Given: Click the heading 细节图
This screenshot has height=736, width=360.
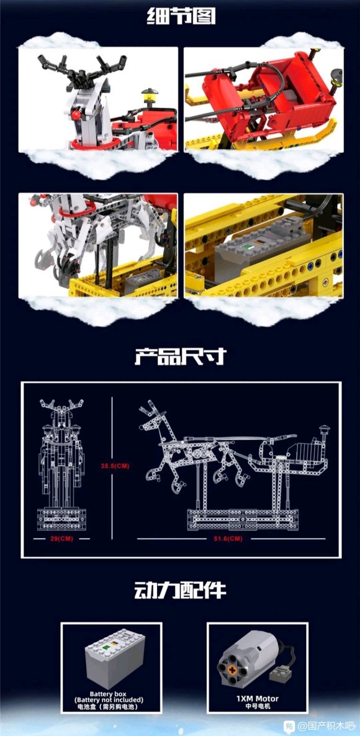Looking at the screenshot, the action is tap(181, 16).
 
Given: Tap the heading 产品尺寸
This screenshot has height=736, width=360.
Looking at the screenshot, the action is tap(181, 356).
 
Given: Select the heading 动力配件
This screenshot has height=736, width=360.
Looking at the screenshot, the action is tap(181, 590).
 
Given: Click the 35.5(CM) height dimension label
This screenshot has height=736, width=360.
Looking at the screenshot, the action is tap(115, 466).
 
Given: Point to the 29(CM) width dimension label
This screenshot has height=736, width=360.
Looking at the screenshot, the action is tap(61, 538).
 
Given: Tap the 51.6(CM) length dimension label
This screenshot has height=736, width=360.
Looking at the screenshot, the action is tap(231, 538).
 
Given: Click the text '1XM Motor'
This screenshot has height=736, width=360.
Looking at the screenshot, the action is tap(257, 699).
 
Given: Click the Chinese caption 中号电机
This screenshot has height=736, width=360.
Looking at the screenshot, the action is tap(257, 706).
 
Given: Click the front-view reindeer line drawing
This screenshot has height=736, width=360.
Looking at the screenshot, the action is tap(61, 465).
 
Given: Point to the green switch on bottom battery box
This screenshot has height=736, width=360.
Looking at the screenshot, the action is tap(107, 648).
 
